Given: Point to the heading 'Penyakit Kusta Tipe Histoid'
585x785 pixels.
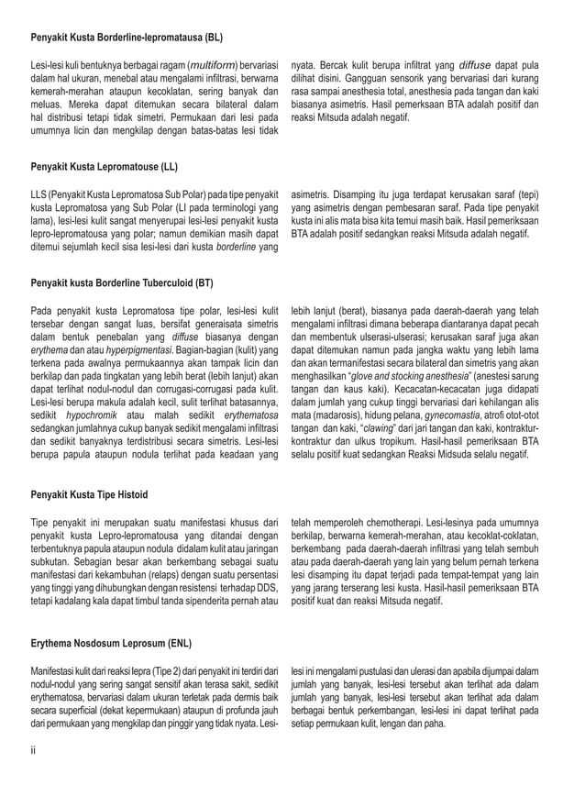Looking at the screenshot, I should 89,495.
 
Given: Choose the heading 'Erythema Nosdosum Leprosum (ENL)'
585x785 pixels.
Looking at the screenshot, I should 107,643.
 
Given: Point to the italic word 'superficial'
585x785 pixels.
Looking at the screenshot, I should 81,710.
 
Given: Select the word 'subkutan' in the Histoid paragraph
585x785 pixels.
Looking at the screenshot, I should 53,562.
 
